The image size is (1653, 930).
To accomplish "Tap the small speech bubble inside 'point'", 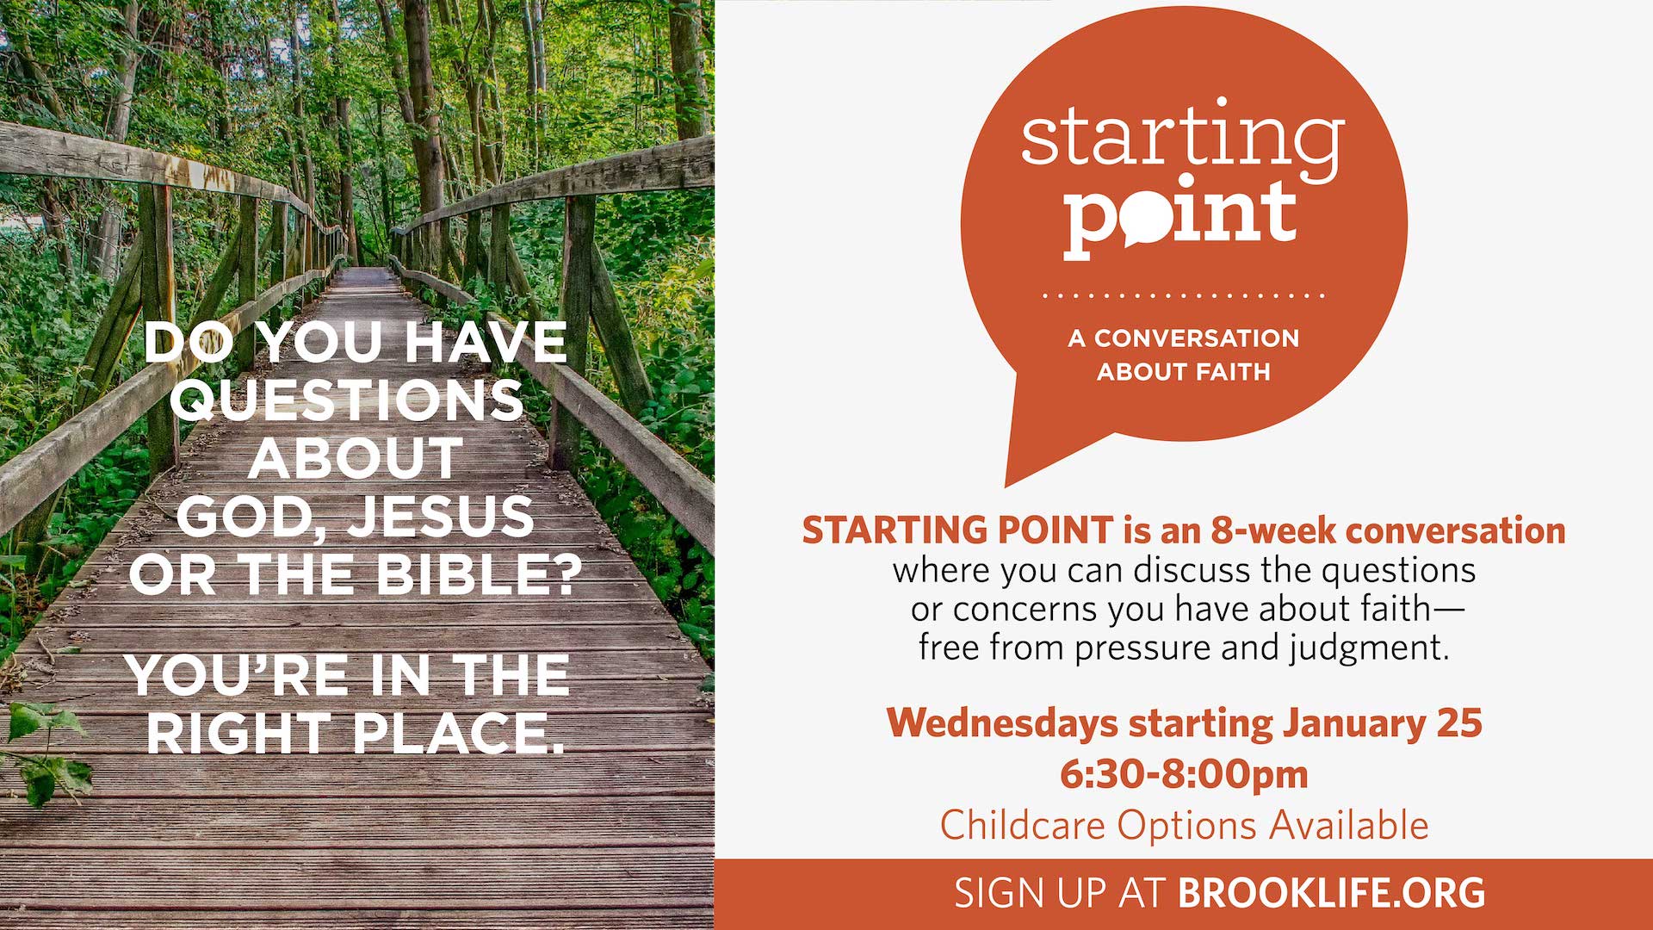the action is (1146, 220).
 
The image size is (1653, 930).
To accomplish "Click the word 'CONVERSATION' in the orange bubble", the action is (1197, 338).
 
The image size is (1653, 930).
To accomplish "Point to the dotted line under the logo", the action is (1184, 295).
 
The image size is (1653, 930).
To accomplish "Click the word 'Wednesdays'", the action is (1002, 723).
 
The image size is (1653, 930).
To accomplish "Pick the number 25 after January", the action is (1458, 723).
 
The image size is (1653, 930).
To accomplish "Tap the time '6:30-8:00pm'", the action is (1184, 774).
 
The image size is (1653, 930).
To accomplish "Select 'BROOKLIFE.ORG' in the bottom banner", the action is (1332, 893).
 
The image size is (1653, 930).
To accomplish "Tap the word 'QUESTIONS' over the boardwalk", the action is (352, 400).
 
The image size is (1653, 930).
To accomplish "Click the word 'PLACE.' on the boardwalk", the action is (459, 734).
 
